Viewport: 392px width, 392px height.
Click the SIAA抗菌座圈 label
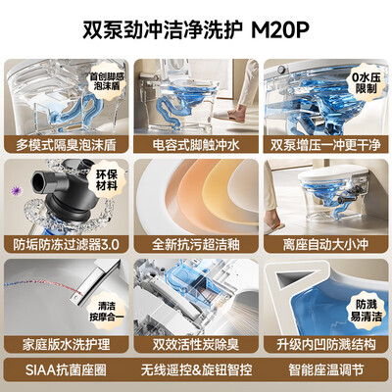coord(67,371)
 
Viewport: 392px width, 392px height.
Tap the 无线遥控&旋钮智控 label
coord(196,371)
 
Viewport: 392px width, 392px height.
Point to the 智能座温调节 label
coord(324,371)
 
